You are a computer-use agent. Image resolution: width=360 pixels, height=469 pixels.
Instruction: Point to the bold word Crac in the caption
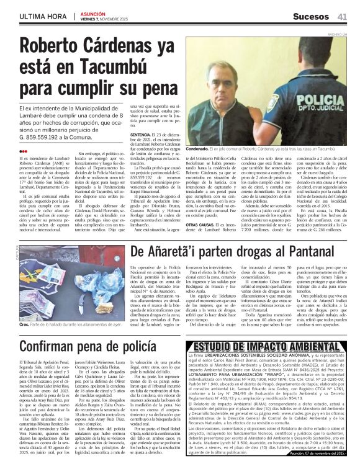[24, 324]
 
